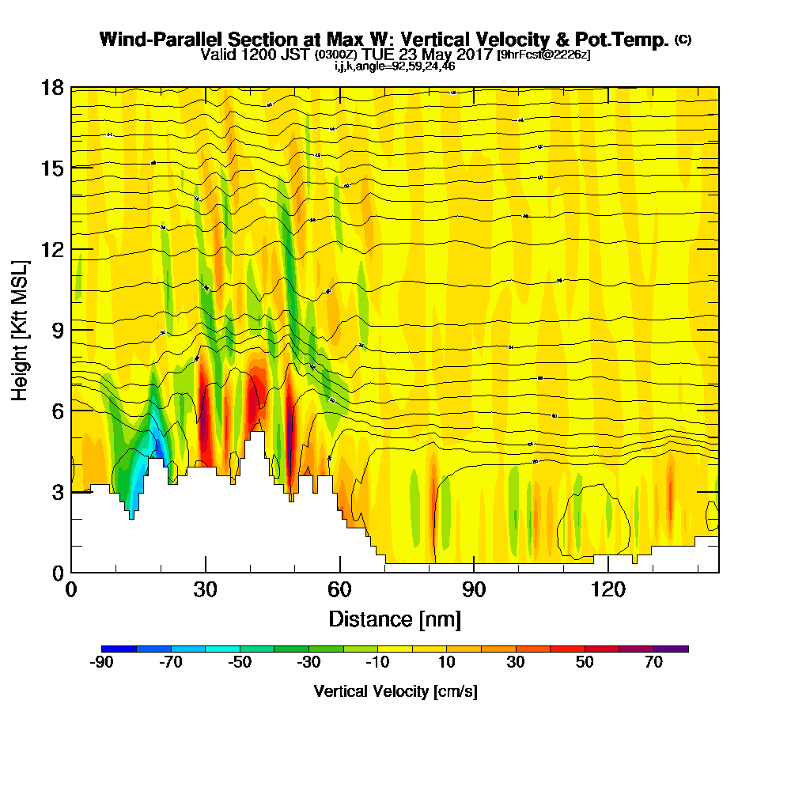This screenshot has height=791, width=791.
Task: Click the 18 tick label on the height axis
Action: coord(51,87)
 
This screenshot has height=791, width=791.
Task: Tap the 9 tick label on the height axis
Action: coord(57,330)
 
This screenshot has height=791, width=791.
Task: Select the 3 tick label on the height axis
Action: coord(57,492)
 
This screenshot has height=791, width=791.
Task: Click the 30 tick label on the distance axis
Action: coord(205,589)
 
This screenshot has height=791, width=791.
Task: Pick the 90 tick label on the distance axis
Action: coord(473,589)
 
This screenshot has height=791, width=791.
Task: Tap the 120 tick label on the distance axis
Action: coord(607,589)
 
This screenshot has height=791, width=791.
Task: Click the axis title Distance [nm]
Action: coord(395,618)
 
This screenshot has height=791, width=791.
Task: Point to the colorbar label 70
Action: coord(653,663)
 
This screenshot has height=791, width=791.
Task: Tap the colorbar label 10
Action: coord(446,663)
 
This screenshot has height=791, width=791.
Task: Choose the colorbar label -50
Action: coord(240,663)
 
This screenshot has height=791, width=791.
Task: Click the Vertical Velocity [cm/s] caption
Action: coord(395,691)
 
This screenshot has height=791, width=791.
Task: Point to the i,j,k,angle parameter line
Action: coord(395,66)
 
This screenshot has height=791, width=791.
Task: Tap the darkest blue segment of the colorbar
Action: coord(119,649)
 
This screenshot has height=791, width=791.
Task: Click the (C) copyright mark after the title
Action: coord(683,40)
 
